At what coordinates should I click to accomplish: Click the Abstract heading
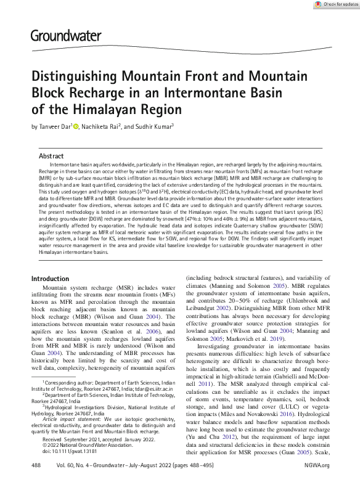[51, 157]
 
